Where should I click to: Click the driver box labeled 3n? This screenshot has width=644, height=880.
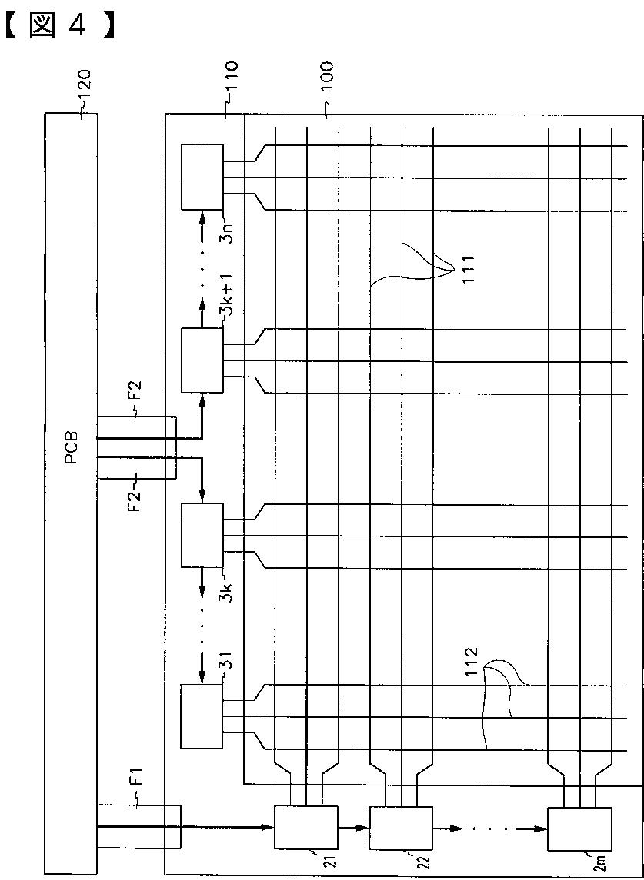[202, 177]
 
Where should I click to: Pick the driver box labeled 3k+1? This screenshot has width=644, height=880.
[202, 360]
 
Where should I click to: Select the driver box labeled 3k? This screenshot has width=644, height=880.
[202, 534]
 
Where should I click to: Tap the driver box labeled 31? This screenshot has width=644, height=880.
[202, 716]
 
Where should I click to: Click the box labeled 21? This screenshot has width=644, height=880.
[305, 827]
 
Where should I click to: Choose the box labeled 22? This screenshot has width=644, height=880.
[401, 827]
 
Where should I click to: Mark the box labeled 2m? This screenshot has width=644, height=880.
[578, 829]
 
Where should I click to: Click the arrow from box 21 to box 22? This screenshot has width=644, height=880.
[353, 829]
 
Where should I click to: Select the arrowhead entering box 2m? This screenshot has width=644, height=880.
[541, 829]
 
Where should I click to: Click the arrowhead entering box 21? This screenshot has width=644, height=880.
[269, 827]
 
